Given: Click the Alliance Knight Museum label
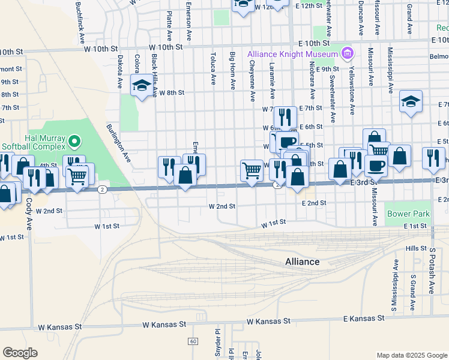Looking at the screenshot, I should tap(293, 54).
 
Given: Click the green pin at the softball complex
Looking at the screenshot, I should tap(74, 142).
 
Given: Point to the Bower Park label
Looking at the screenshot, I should tap(408, 214).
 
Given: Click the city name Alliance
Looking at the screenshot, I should tap(302, 262).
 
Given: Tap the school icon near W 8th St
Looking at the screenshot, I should tap(142, 88).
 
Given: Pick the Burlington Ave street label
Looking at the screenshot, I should tap(119, 143).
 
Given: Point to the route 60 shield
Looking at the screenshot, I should tap(192, 341).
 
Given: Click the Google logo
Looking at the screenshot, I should tap(20, 352).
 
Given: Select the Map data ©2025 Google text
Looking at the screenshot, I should tap(411, 355).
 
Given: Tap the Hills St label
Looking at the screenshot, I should tap(415, 248).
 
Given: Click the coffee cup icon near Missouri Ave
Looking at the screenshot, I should tap(376, 165).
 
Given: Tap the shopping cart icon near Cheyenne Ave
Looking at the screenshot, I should tap(252, 170).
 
